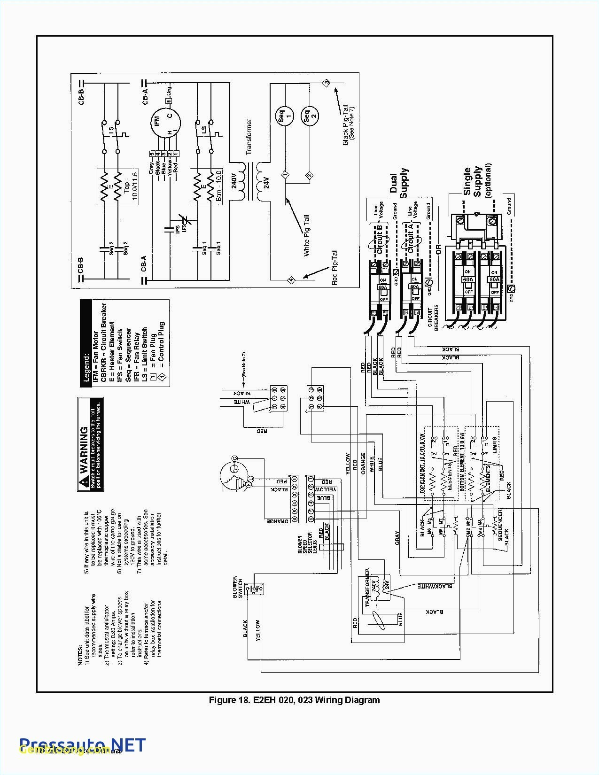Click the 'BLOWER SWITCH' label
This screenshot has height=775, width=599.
(238, 587)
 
